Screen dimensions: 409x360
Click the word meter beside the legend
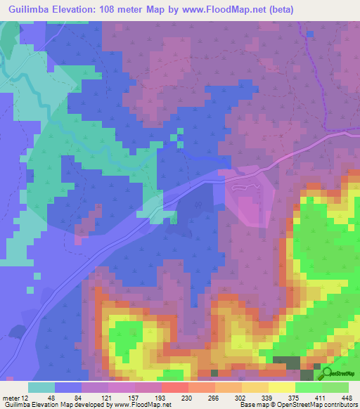[10, 397]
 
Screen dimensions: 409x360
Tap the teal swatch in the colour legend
[41, 387]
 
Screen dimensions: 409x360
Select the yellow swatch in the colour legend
[281, 387]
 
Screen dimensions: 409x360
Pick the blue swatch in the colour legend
[68, 387]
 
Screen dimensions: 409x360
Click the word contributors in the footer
[340, 405]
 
